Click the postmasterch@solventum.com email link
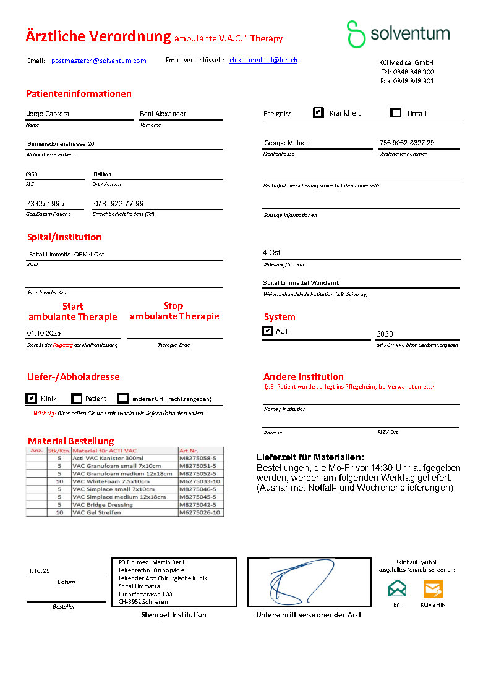pyautogui.click(x=99, y=61)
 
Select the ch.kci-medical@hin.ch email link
pyautogui.click(x=263, y=61)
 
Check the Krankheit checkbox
pyautogui.click(x=318, y=112)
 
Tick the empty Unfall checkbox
pyautogui.click(x=396, y=112)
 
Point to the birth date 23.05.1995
pyautogui.click(x=45, y=204)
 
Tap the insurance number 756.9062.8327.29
pyautogui.click(x=407, y=143)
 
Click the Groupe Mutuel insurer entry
pyautogui.click(x=286, y=143)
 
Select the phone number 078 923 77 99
pyautogui.click(x=119, y=204)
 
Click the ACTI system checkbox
pyautogui.click(x=267, y=331)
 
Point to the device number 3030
pyautogui.click(x=385, y=334)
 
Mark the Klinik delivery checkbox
pyautogui.click(x=31, y=399)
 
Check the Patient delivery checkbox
pyautogui.click(x=77, y=399)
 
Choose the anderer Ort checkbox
pyautogui.click(x=123, y=399)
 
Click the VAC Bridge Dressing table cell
pyautogui.click(x=103, y=505)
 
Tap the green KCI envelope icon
pyautogui.click(x=398, y=588)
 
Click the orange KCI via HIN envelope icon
pyautogui.click(x=433, y=588)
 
